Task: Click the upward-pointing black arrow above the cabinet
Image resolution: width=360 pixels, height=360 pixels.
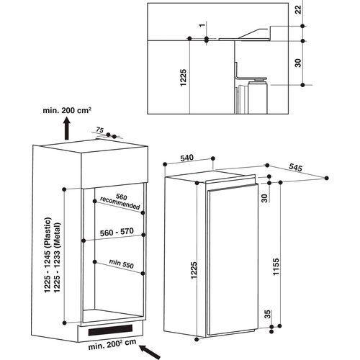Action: [x=66, y=130]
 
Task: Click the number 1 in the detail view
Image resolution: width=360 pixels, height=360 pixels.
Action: [x=205, y=25]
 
